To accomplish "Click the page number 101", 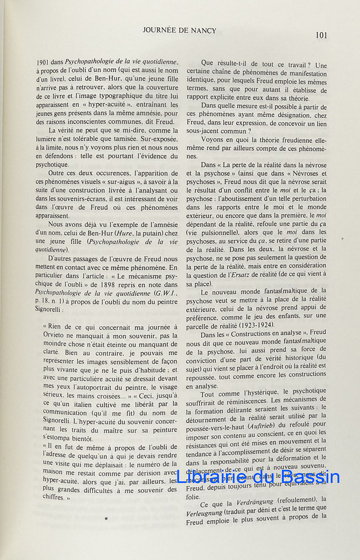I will [x=321, y=35].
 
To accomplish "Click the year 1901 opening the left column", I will [x=43, y=62].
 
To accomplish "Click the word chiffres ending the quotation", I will [x=52, y=497].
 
